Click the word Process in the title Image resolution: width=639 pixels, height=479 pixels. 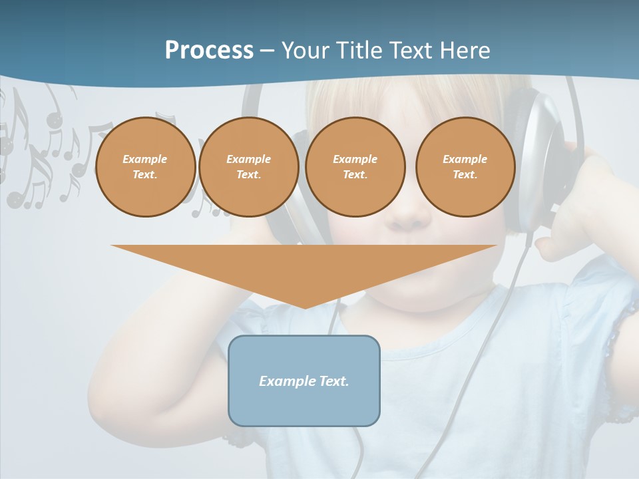pyautogui.click(x=209, y=51)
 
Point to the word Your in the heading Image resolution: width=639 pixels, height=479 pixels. pyautogui.click(x=307, y=51)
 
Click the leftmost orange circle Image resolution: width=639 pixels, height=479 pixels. pyautogui.click(x=145, y=167)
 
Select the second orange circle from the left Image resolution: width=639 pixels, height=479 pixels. pyautogui.click(x=248, y=167)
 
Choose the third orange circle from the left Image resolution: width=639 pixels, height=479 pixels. pyautogui.click(x=355, y=167)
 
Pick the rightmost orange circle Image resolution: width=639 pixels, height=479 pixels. pyautogui.click(x=465, y=167)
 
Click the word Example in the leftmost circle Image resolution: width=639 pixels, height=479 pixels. pyautogui.click(x=144, y=159)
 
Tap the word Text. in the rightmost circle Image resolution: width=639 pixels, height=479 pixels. pyautogui.click(x=465, y=175)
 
